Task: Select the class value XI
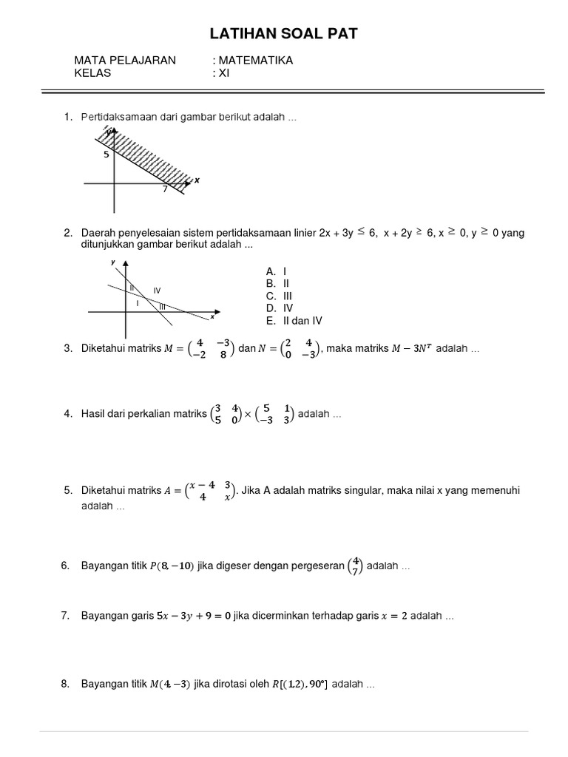[224, 73]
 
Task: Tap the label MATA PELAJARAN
[125, 61]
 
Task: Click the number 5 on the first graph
[106, 155]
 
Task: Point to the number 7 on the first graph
[165, 189]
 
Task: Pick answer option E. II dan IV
[294, 320]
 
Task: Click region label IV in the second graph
[157, 291]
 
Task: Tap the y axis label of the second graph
[113, 262]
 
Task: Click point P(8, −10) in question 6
[172, 566]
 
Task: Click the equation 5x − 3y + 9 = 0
[195, 615]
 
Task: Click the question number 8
[65, 685]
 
